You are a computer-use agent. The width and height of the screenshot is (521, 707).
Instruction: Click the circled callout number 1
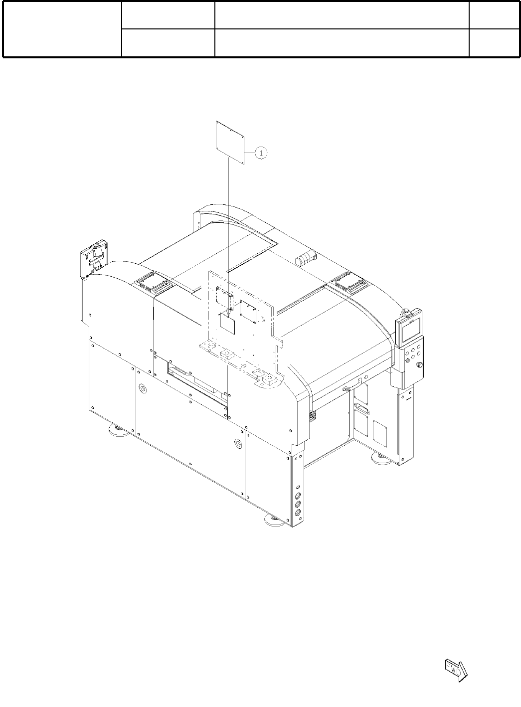(x=261, y=153)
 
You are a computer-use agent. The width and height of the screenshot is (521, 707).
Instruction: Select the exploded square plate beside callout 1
(x=230, y=143)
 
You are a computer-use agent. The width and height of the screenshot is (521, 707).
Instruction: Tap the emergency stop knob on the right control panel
(x=419, y=365)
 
